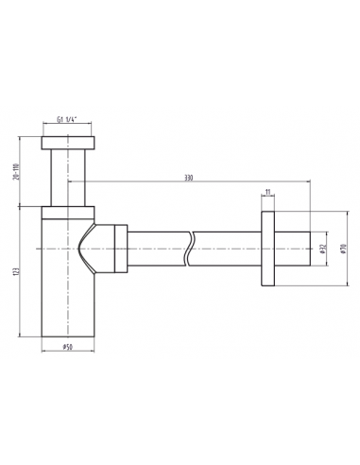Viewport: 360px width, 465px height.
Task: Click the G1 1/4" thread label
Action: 67,119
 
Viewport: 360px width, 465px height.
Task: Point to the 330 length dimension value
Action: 188,178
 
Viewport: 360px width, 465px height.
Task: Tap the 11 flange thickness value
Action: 268,192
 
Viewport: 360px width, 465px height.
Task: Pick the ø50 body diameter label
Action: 68,347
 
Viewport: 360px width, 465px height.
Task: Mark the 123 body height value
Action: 17,271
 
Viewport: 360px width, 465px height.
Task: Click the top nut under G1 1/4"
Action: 68,143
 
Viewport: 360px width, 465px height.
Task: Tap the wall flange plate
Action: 267,249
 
